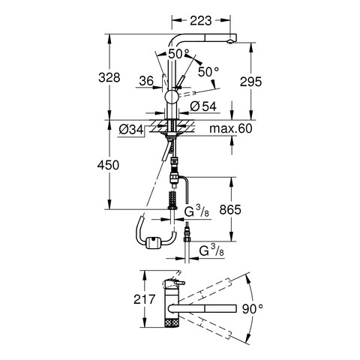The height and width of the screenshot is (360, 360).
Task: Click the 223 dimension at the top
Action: point(201,20)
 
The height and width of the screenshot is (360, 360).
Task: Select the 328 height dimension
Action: point(109,77)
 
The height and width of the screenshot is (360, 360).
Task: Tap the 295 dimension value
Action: point(250,82)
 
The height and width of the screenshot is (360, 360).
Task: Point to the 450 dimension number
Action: point(108,165)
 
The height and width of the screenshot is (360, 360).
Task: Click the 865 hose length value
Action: point(230,209)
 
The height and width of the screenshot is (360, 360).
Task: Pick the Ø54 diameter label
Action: point(203,106)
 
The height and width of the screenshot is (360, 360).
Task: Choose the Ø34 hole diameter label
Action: point(131,130)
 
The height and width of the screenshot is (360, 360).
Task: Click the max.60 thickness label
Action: point(231,128)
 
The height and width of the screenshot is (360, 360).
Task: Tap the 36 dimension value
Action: point(146,81)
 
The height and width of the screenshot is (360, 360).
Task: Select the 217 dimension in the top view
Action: point(145,299)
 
